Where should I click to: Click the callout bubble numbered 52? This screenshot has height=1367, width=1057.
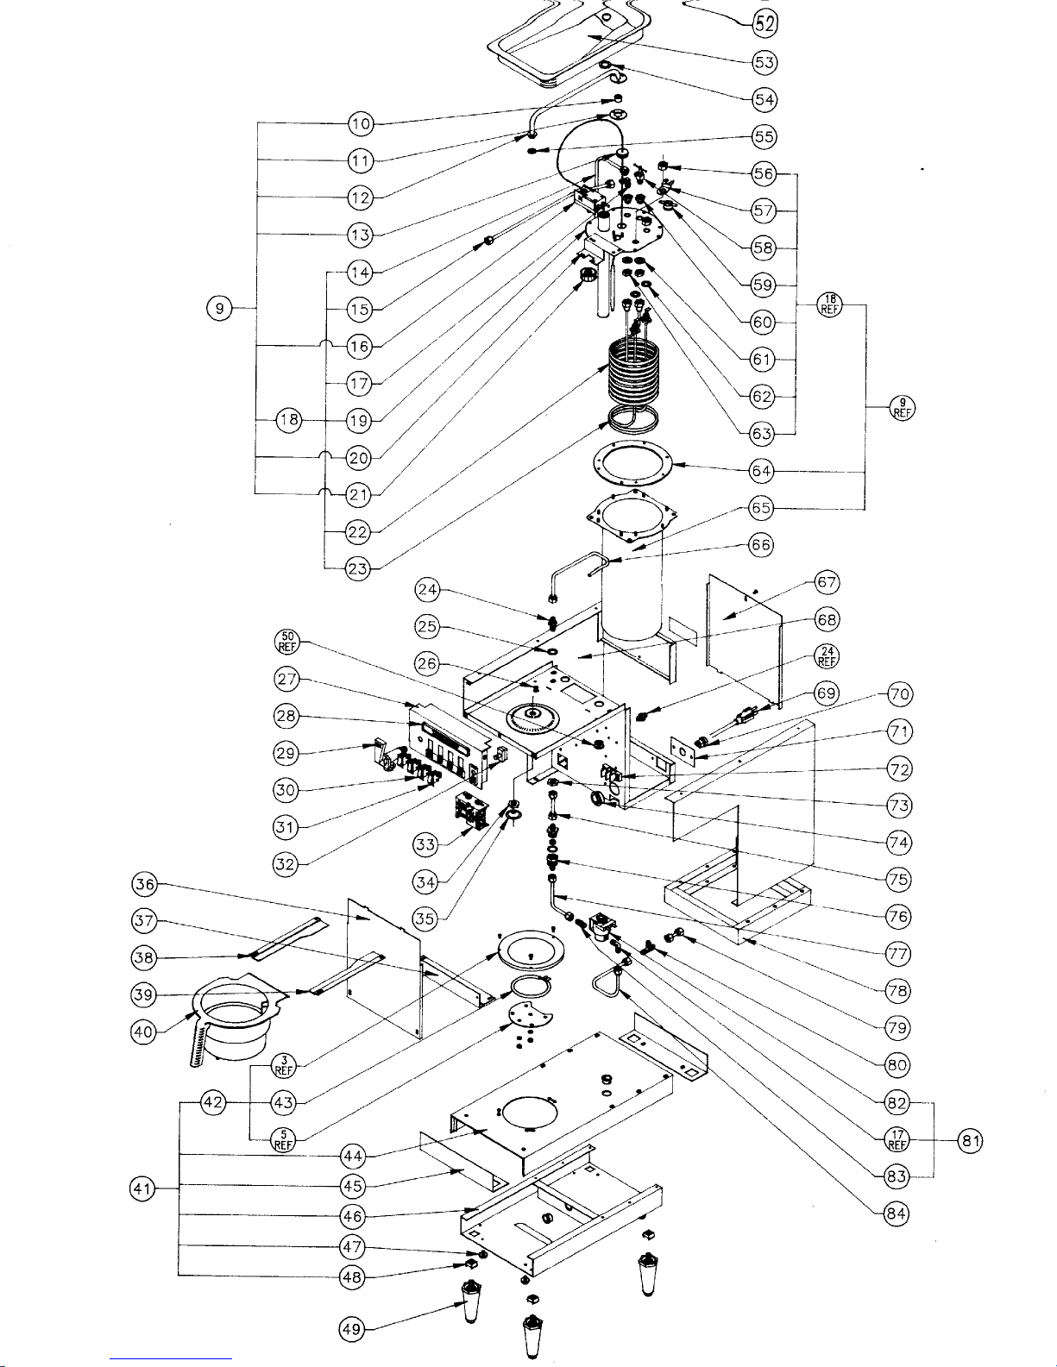pyautogui.click(x=764, y=23)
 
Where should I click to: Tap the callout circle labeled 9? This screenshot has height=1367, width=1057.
pyautogui.click(x=220, y=308)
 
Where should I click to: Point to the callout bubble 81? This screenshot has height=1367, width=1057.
pyautogui.click(x=970, y=1141)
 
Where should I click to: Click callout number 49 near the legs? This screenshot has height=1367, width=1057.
pyautogui.click(x=351, y=1330)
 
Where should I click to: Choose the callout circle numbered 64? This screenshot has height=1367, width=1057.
pyautogui.click(x=761, y=471)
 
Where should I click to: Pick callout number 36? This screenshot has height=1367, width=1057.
pyautogui.click(x=144, y=884)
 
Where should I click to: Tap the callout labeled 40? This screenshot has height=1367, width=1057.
pyautogui.click(x=144, y=1032)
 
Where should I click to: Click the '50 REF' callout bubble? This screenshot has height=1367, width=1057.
pyautogui.click(x=287, y=642)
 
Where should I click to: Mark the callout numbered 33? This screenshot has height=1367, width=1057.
pyautogui.click(x=425, y=844)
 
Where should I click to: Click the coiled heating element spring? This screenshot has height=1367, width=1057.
pyautogui.click(x=633, y=367)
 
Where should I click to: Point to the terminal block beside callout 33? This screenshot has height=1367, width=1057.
pyautogui.click(x=471, y=814)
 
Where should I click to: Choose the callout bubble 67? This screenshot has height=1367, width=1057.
pyautogui.click(x=827, y=583)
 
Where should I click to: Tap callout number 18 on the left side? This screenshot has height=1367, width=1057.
pyautogui.click(x=289, y=420)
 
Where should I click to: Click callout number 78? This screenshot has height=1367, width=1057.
pyautogui.click(x=898, y=991)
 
